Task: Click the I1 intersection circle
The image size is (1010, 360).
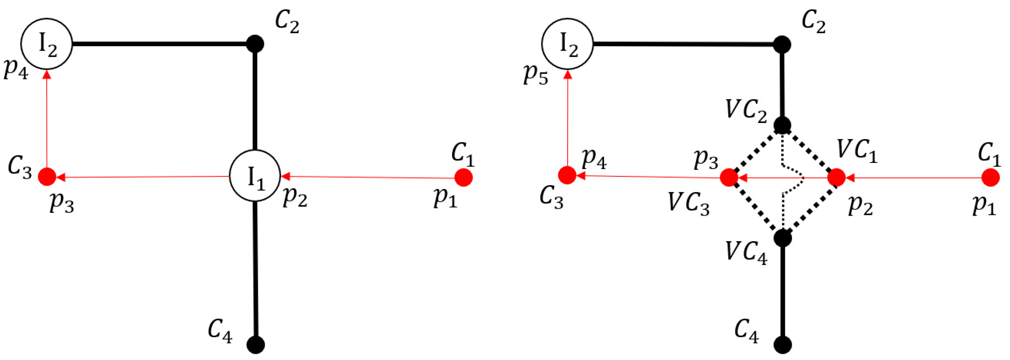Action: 255,176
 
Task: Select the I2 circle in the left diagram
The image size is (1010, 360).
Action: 47,44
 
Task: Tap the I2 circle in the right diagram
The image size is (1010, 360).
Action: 567,44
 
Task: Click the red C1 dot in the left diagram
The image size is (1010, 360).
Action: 463,178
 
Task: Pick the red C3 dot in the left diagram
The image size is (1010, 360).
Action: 47,177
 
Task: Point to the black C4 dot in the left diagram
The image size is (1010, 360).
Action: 256,345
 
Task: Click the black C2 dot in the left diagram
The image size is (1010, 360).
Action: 255,44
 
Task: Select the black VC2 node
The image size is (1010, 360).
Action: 782,125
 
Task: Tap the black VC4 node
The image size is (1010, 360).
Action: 783,238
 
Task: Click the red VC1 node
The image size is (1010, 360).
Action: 836,178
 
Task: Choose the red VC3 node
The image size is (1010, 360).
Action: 729,178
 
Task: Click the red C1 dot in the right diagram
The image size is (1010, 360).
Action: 991,178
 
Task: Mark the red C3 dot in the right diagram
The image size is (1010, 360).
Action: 567,176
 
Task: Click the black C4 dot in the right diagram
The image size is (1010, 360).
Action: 783,345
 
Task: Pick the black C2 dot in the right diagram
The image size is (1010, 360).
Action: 782,45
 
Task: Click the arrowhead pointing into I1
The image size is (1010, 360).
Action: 285,176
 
